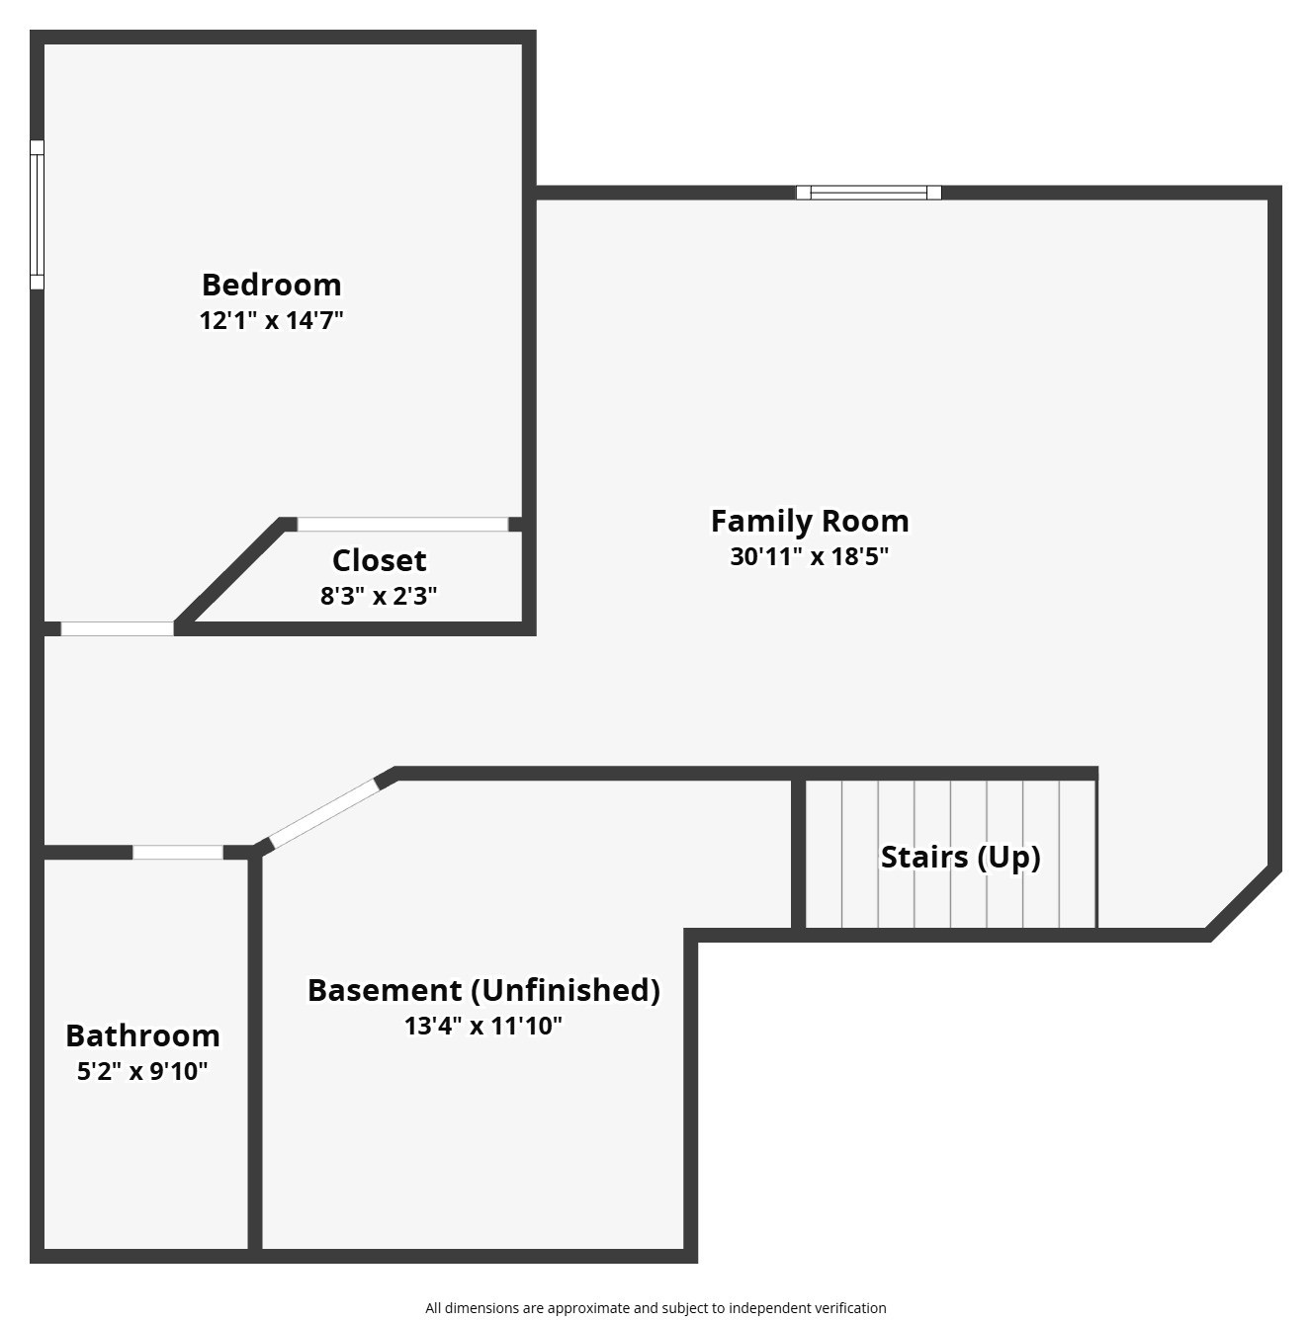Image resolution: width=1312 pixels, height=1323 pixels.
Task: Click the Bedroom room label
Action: [271, 285]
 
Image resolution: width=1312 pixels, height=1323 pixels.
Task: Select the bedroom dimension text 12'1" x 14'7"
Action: [271, 320]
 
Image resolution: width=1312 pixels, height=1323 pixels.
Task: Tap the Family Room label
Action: [809, 521]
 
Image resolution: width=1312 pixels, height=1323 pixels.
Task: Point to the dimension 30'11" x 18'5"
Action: [809, 556]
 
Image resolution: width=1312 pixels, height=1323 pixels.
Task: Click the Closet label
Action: [379, 560]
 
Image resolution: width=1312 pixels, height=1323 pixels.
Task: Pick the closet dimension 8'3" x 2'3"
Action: [379, 596]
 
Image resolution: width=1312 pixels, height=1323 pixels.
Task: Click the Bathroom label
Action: [142, 1035]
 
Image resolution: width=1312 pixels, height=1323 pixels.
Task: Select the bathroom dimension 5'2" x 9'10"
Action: [142, 1071]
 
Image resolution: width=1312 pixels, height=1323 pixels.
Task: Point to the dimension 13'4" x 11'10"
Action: [482, 1026]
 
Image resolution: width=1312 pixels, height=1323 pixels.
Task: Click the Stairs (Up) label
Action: [960, 857]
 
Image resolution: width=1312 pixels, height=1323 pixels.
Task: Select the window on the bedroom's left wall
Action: [37, 214]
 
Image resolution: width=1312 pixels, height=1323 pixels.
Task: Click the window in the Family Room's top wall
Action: [868, 193]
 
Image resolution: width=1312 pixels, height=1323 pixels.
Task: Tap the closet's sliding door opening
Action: [402, 525]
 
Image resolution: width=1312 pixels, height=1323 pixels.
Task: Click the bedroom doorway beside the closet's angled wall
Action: [117, 628]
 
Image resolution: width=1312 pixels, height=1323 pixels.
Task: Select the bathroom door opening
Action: [178, 853]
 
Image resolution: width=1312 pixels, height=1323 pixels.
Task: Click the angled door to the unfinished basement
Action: [323, 813]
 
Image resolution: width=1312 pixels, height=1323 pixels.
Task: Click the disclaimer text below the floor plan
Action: [656, 1308]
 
